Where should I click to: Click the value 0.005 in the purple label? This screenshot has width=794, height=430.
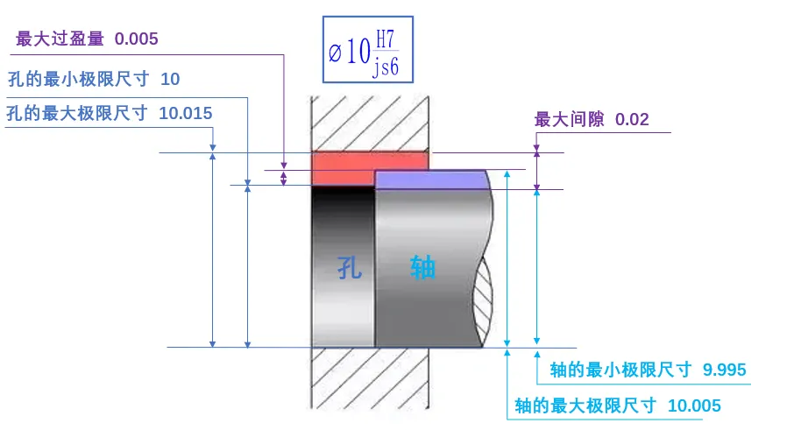(136, 39)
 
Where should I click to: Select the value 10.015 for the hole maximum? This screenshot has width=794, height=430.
(186, 113)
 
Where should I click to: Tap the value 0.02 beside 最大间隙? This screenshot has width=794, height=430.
(632, 119)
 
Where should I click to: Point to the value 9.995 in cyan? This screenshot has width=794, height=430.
(725, 370)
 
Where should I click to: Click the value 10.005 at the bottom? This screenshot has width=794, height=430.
(694, 405)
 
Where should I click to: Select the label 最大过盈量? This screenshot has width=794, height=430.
(60, 39)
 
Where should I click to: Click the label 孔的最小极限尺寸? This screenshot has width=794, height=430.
(77, 79)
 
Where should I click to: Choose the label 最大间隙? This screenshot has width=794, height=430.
(570, 119)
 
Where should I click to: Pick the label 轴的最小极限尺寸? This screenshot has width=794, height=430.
(620, 370)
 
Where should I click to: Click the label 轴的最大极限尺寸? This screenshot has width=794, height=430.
(585, 405)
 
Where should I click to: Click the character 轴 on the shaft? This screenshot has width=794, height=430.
(422, 266)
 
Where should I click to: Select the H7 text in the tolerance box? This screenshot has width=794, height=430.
(386, 39)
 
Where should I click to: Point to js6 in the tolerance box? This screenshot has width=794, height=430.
(386, 68)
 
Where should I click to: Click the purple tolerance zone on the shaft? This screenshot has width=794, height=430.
(431, 179)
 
